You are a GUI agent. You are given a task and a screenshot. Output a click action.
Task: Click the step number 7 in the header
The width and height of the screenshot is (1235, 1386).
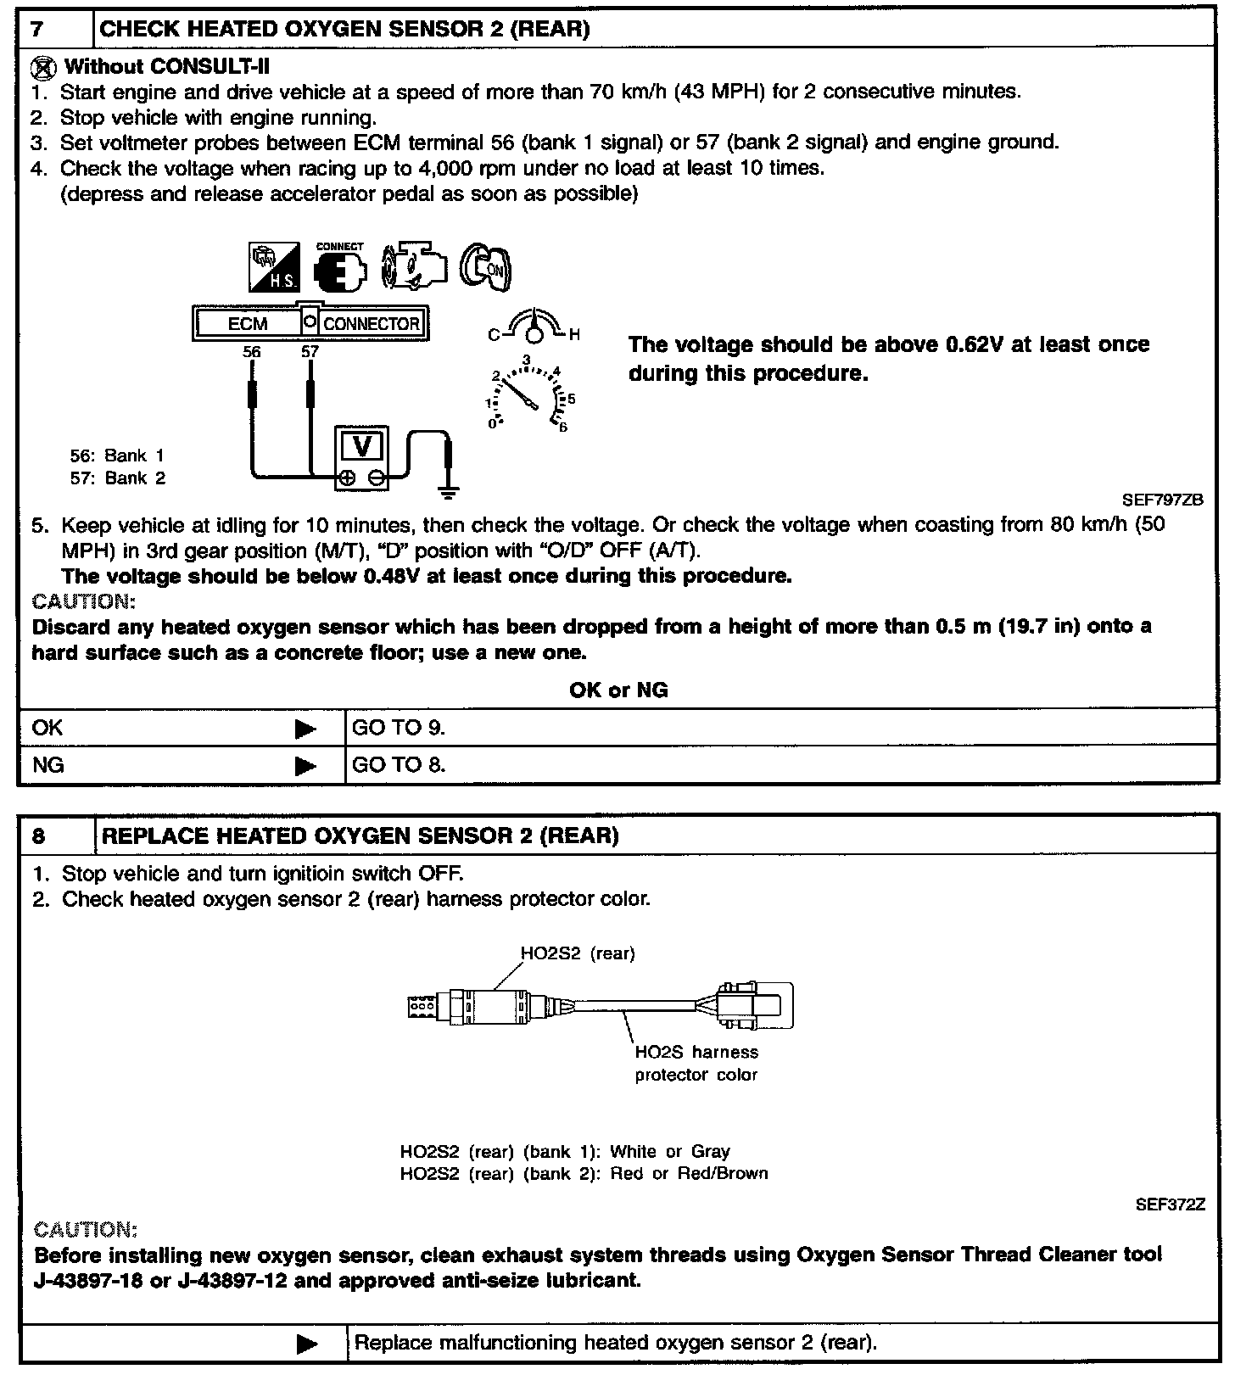coord(38,29)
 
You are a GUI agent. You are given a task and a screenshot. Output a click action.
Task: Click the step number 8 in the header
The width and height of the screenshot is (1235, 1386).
coord(39,836)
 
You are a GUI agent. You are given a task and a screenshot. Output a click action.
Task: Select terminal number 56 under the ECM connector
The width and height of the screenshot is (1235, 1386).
coord(251,351)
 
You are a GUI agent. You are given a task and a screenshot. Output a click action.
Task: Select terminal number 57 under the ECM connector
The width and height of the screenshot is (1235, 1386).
coord(310,351)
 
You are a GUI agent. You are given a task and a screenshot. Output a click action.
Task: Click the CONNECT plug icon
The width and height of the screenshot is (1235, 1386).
coord(340,268)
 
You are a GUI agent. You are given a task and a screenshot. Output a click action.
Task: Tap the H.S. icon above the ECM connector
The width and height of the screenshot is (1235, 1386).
coord(273,267)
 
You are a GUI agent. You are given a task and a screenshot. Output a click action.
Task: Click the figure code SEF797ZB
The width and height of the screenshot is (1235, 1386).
coord(1162,500)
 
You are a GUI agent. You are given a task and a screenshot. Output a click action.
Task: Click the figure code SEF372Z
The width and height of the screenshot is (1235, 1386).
coord(1170,1204)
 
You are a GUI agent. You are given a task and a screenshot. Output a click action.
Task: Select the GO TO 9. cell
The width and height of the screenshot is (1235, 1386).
coord(399,728)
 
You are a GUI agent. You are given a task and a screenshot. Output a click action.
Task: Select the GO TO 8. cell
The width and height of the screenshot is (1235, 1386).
coord(399,765)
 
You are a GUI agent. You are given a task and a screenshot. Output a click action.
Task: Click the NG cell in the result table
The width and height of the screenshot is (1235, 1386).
coord(48,765)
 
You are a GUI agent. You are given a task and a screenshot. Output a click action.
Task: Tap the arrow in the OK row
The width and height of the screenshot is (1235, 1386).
coord(305,729)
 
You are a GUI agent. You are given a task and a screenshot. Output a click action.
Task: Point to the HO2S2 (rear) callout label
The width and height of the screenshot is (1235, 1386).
coord(577,953)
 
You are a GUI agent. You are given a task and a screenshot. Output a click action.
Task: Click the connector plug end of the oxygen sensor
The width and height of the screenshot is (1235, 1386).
coord(754,1006)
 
